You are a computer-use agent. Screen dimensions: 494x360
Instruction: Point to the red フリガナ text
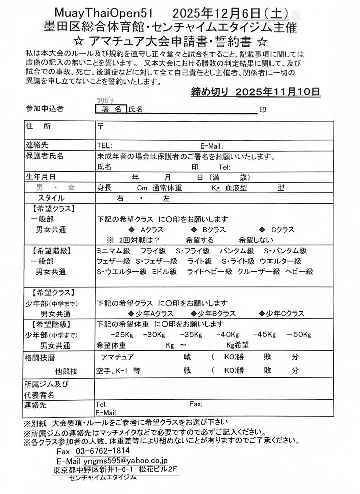[x=104, y=101]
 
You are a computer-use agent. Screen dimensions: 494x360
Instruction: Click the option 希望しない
[x=256, y=240]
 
